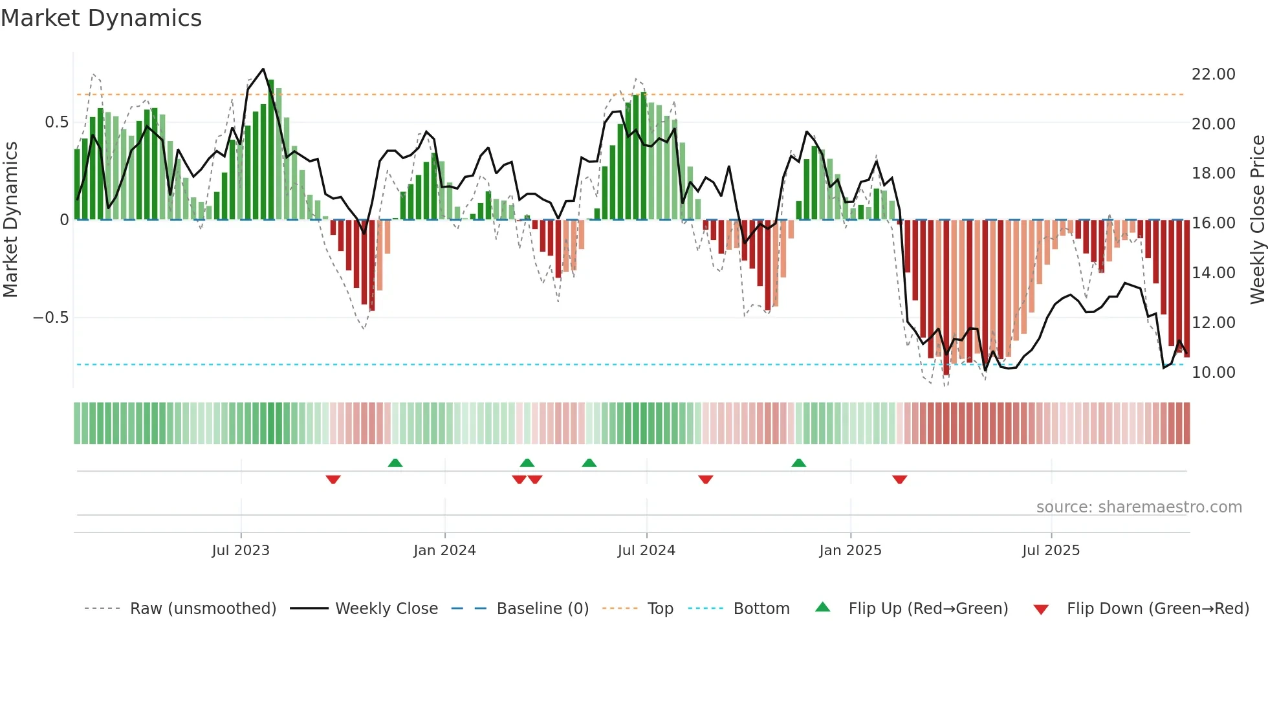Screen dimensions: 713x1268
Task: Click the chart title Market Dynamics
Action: click(x=101, y=18)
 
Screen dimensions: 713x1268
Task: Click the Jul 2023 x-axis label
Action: click(x=241, y=551)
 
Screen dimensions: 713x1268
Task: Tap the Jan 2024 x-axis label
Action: click(x=444, y=551)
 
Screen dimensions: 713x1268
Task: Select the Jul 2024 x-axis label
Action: click(x=646, y=551)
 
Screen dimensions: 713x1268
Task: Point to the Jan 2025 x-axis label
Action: click(x=850, y=551)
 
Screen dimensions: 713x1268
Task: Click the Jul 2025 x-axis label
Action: click(x=1051, y=551)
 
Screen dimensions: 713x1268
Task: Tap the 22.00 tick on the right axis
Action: click(x=1213, y=74)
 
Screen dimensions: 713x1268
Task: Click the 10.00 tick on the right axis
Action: click(x=1213, y=373)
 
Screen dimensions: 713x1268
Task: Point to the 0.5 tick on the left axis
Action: click(x=56, y=122)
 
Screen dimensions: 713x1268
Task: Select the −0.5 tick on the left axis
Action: click(x=50, y=318)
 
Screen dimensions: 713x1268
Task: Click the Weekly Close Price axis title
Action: click(x=1257, y=220)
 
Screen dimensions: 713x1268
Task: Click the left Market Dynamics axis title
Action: click(x=10, y=220)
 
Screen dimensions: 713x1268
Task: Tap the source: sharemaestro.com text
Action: click(x=1139, y=507)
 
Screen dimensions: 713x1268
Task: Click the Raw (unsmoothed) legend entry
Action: click(x=202, y=609)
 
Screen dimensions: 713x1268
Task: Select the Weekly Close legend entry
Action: click(x=386, y=609)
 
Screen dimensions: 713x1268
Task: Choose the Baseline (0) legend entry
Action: click(x=542, y=609)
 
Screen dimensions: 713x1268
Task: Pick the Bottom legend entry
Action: click(x=761, y=609)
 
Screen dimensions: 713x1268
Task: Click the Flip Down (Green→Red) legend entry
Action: click(x=1157, y=609)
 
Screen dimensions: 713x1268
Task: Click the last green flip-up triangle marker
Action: click(x=799, y=463)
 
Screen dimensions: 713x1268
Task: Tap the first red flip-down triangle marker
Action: click(x=333, y=479)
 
